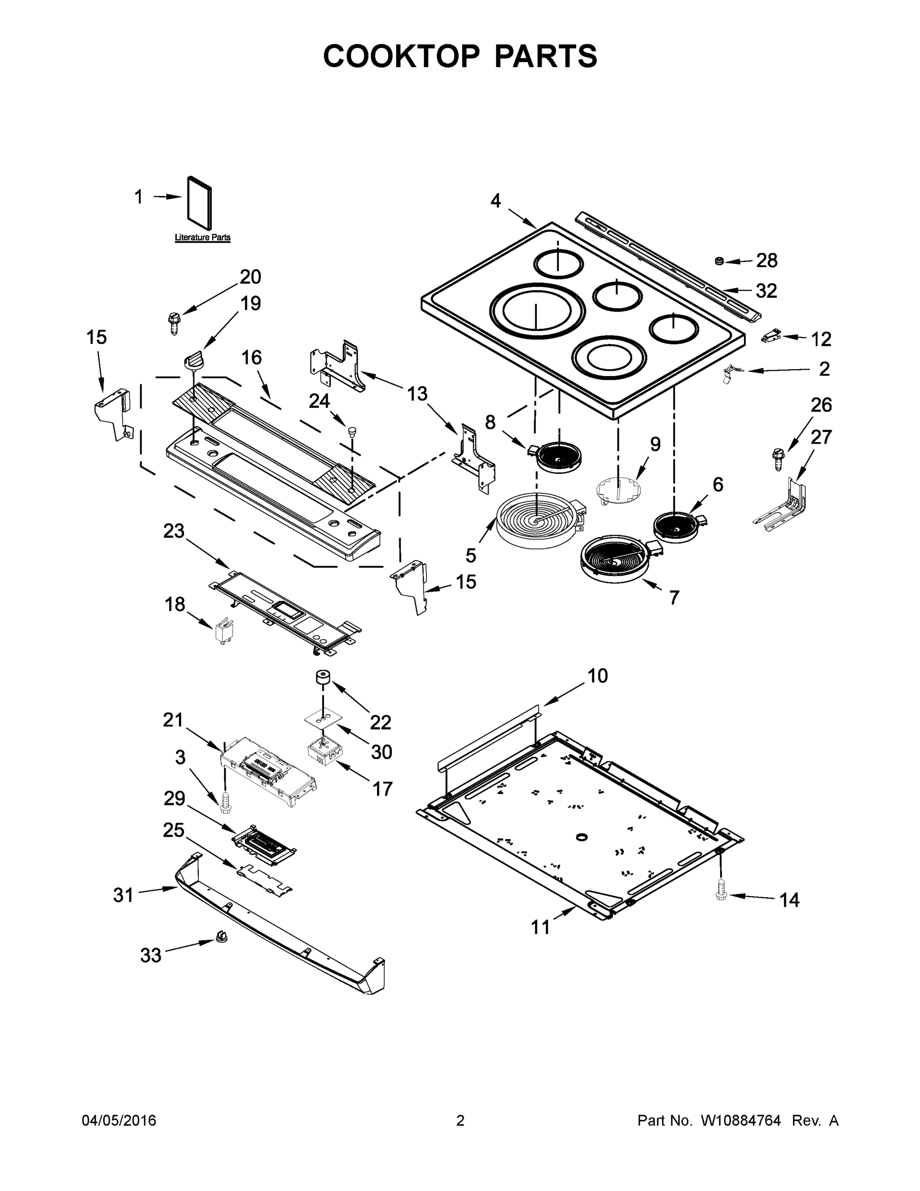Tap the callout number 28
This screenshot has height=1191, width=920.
tap(766, 261)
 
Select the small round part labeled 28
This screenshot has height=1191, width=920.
tap(720, 261)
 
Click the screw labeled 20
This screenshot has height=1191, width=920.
tap(173, 322)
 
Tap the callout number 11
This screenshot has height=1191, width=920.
tap(541, 927)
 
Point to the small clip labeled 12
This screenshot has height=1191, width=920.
tap(771, 336)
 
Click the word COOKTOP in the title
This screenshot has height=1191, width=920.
tap(402, 56)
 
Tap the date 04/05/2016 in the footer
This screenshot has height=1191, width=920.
tap(119, 1121)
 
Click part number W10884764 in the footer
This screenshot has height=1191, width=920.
tap(740, 1121)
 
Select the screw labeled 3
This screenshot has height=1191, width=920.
tap(224, 804)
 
